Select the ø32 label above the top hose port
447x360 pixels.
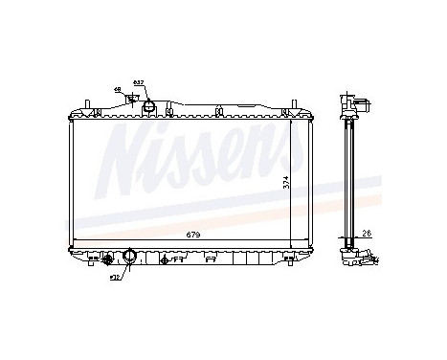[138, 82]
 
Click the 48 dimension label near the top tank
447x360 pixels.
[117, 90]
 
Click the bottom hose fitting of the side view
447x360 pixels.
[368, 258]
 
